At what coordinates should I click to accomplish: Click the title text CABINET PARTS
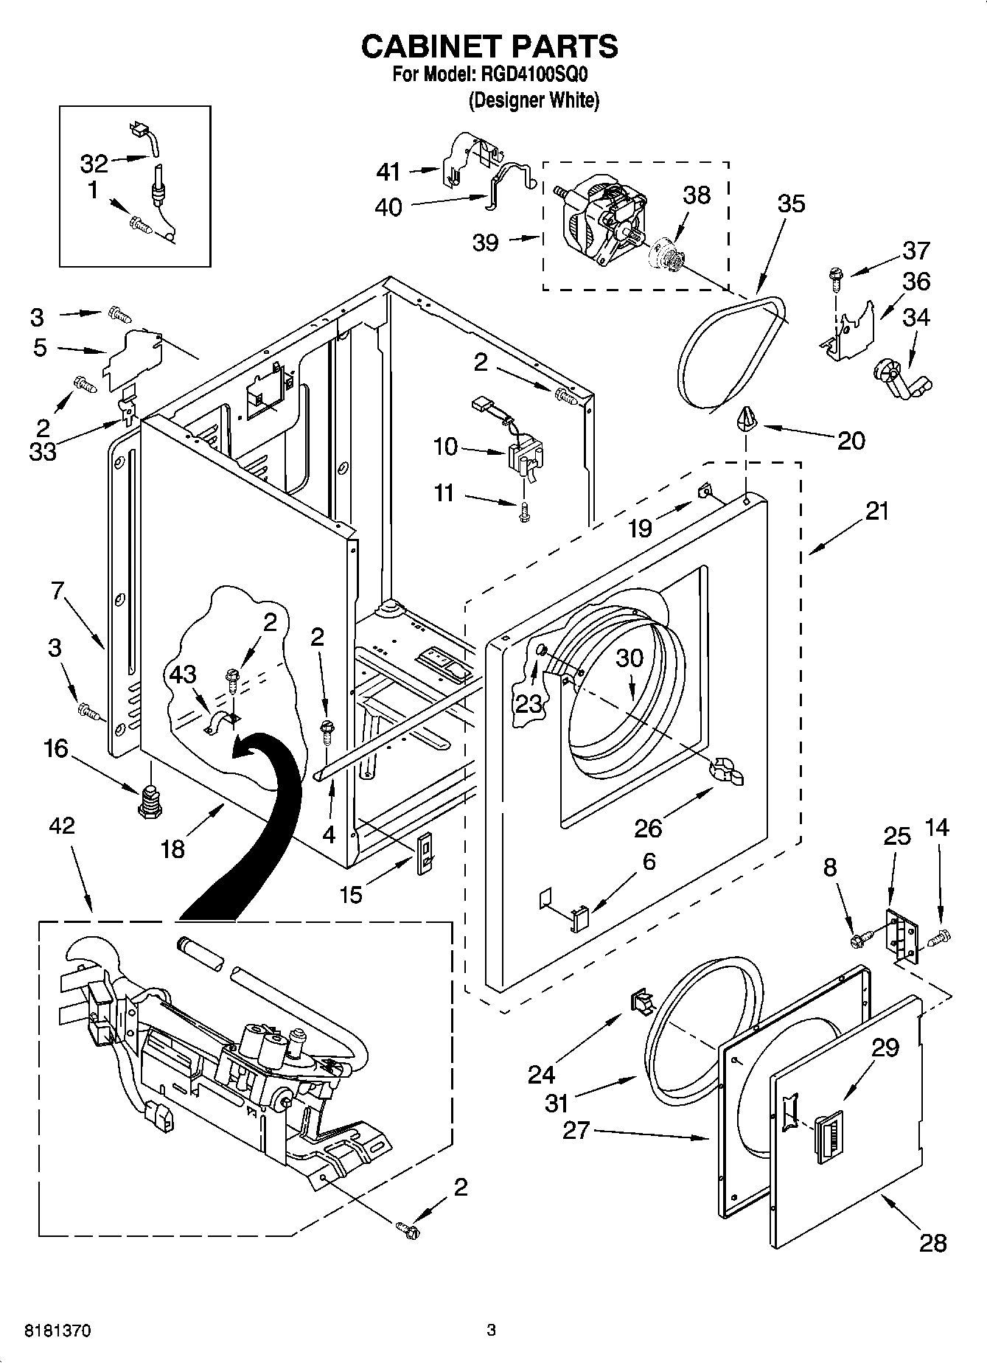[x=489, y=46]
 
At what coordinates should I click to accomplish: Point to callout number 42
[x=62, y=826]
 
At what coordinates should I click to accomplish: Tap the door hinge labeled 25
[x=903, y=935]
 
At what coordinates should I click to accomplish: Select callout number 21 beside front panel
[x=877, y=511]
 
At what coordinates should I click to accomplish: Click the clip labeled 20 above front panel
[x=746, y=421]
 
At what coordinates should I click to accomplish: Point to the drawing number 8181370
[x=58, y=1331]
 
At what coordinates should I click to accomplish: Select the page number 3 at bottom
[x=491, y=1331]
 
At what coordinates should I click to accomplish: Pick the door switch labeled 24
[x=641, y=1003]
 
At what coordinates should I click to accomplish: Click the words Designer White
[x=534, y=101]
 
